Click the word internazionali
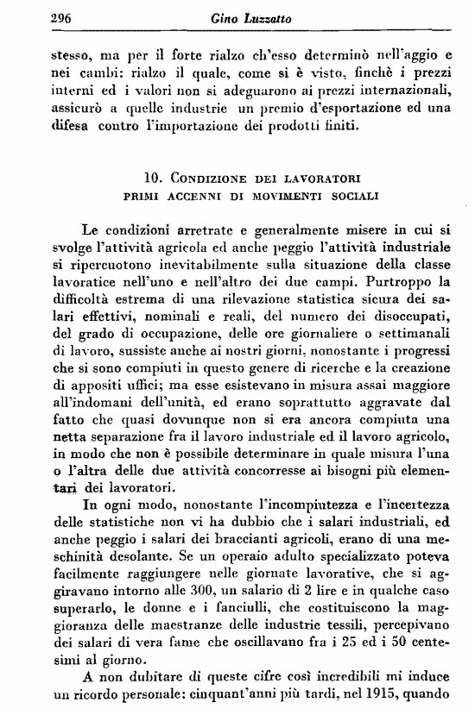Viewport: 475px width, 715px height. click(405, 90)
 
